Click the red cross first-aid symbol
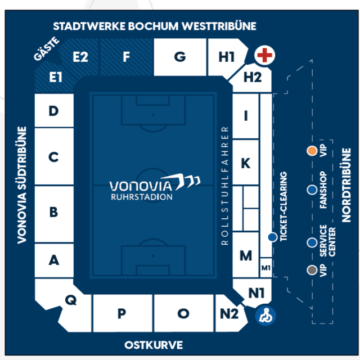point(265,55)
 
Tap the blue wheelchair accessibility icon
point(265,316)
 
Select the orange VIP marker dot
point(312,151)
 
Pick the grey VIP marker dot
point(312,270)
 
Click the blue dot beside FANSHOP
point(312,190)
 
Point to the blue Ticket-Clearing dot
point(272,237)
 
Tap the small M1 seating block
point(266,268)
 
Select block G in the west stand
point(180,57)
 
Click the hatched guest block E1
point(55,78)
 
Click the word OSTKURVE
point(154,345)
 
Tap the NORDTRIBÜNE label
point(346,185)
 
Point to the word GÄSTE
point(47,49)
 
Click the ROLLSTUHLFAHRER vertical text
point(225,186)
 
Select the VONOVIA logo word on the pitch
point(141,186)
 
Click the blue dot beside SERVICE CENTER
point(312,242)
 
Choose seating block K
point(246,162)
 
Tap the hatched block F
point(127,57)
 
